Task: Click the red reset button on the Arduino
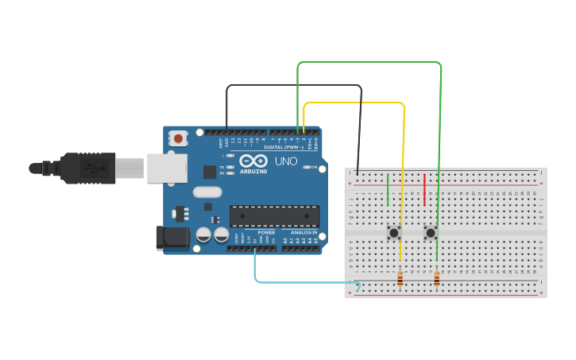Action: (x=178, y=138)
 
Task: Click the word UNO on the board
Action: (x=286, y=161)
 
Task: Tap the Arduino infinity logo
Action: (x=254, y=161)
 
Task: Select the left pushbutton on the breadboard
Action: (x=393, y=233)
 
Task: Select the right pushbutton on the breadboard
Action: (x=431, y=233)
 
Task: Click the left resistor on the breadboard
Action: (x=400, y=278)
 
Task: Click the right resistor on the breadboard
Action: (x=436, y=278)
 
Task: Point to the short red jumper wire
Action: (x=424, y=184)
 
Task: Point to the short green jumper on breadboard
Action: (x=388, y=189)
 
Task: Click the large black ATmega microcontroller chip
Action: (x=274, y=215)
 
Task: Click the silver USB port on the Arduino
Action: (x=167, y=168)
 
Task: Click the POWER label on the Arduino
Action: (x=266, y=232)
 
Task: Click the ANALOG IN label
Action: (x=303, y=232)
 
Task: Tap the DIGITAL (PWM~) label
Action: (x=288, y=147)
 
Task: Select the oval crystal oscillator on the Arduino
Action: (x=207, y=192)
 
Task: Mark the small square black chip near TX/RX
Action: (x=210, y=172)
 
